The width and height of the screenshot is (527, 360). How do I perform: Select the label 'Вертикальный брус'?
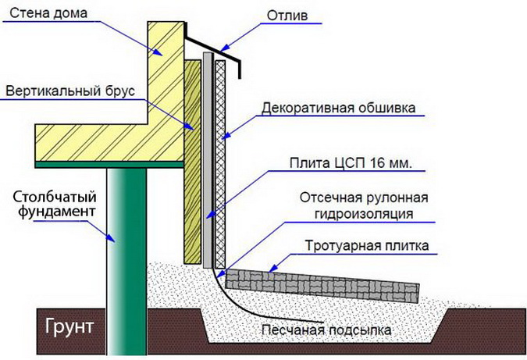click(70, 91)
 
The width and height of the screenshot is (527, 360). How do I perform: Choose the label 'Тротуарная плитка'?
click(366, 246)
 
